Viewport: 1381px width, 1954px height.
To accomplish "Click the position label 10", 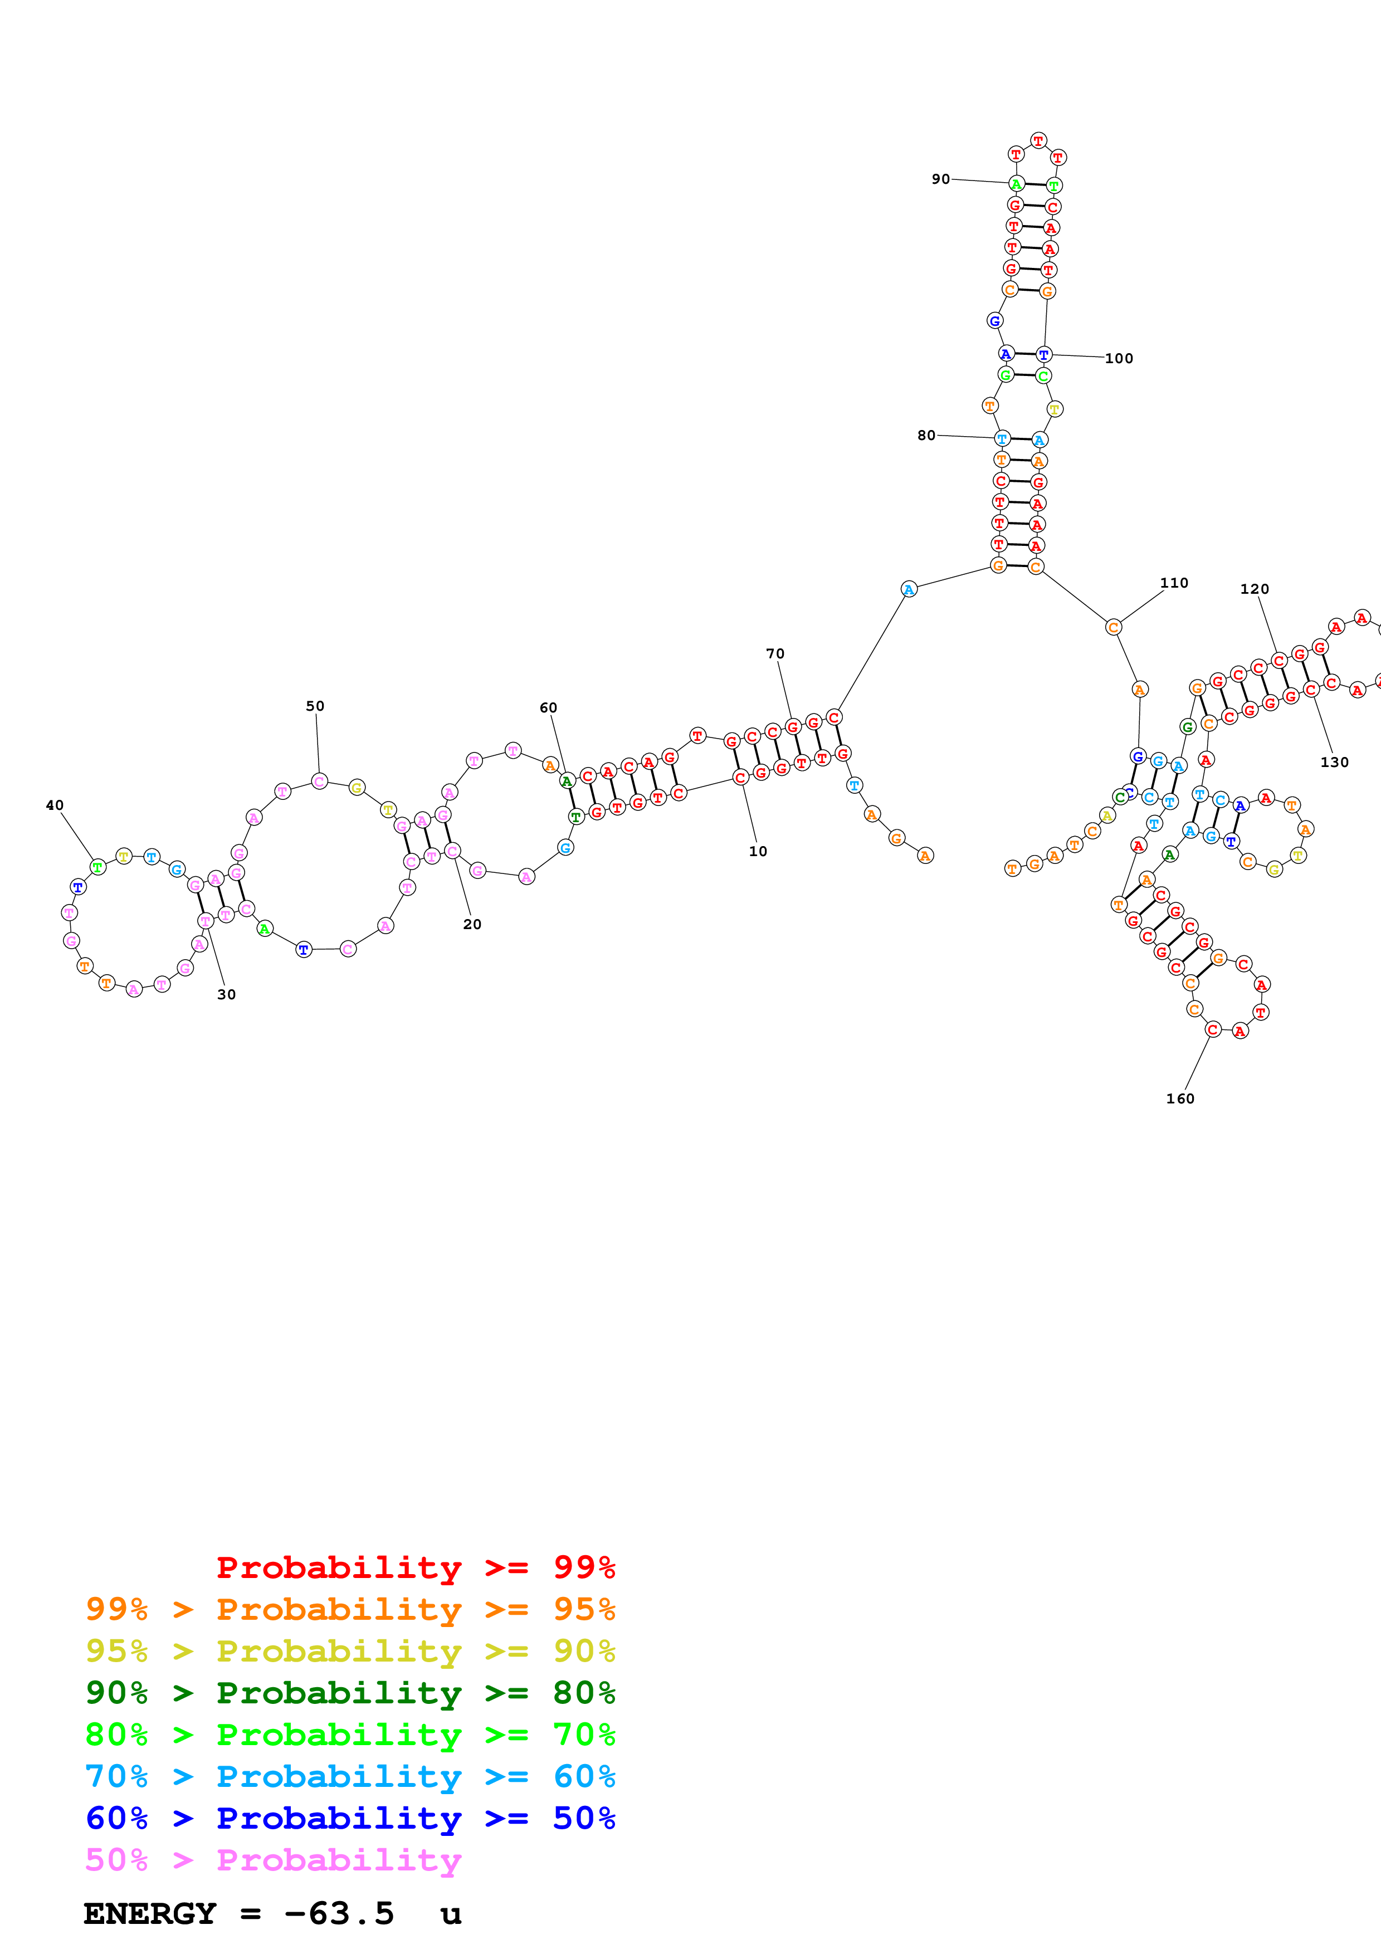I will pos(757,851).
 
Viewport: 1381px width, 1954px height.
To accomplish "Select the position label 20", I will pos(472,924).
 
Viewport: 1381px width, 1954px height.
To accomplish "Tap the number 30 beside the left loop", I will pos(226,994).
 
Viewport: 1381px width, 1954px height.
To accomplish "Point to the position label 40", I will pos(55,805).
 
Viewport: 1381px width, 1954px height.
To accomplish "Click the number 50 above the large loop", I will pos(315,706).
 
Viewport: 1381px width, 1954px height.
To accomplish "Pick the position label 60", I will pos(548,707).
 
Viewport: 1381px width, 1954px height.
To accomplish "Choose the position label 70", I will pos(774,653).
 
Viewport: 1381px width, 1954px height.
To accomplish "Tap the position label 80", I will pos(926,435).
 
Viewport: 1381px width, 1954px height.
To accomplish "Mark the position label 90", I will pos(940,179).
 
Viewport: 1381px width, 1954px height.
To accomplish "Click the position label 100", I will pos(1119,358).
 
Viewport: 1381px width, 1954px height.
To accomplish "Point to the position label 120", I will pos(1254,589).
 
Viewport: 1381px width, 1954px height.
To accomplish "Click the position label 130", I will pos(1334,761).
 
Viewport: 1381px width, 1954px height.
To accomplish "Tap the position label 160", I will pos(1180,1098).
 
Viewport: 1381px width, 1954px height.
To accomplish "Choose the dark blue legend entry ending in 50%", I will pos(350,1818).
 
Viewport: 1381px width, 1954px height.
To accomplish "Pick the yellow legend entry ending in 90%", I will pos(350,1651).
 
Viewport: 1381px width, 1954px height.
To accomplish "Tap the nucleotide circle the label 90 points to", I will pos(1016,184).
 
